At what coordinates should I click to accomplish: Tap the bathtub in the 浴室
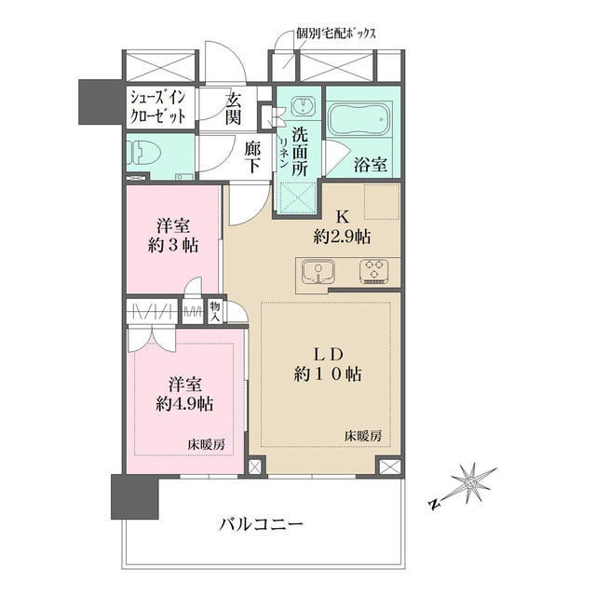point(359,120)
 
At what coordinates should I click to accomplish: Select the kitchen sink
point(318,272)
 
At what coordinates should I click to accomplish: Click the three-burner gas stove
point(374,271)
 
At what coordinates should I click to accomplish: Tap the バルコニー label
point(261,525)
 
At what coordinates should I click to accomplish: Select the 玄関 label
point(234,110)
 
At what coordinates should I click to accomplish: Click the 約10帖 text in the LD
point(328,374)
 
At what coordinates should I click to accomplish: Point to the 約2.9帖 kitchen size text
point(342,237)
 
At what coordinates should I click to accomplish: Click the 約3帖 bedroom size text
point(173,246)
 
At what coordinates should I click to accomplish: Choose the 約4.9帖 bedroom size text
point(184,403)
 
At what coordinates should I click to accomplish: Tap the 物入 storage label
point(215,311)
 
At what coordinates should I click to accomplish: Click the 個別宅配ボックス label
point(336,34)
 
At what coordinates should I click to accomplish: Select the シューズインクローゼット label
point(158,107)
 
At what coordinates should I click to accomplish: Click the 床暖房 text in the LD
point(363,436)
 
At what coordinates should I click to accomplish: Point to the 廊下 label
point(252,156)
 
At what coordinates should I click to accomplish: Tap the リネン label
point(283,153)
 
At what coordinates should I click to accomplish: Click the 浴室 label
point(371,165)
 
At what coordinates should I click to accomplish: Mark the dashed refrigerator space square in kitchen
point(382,201)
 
